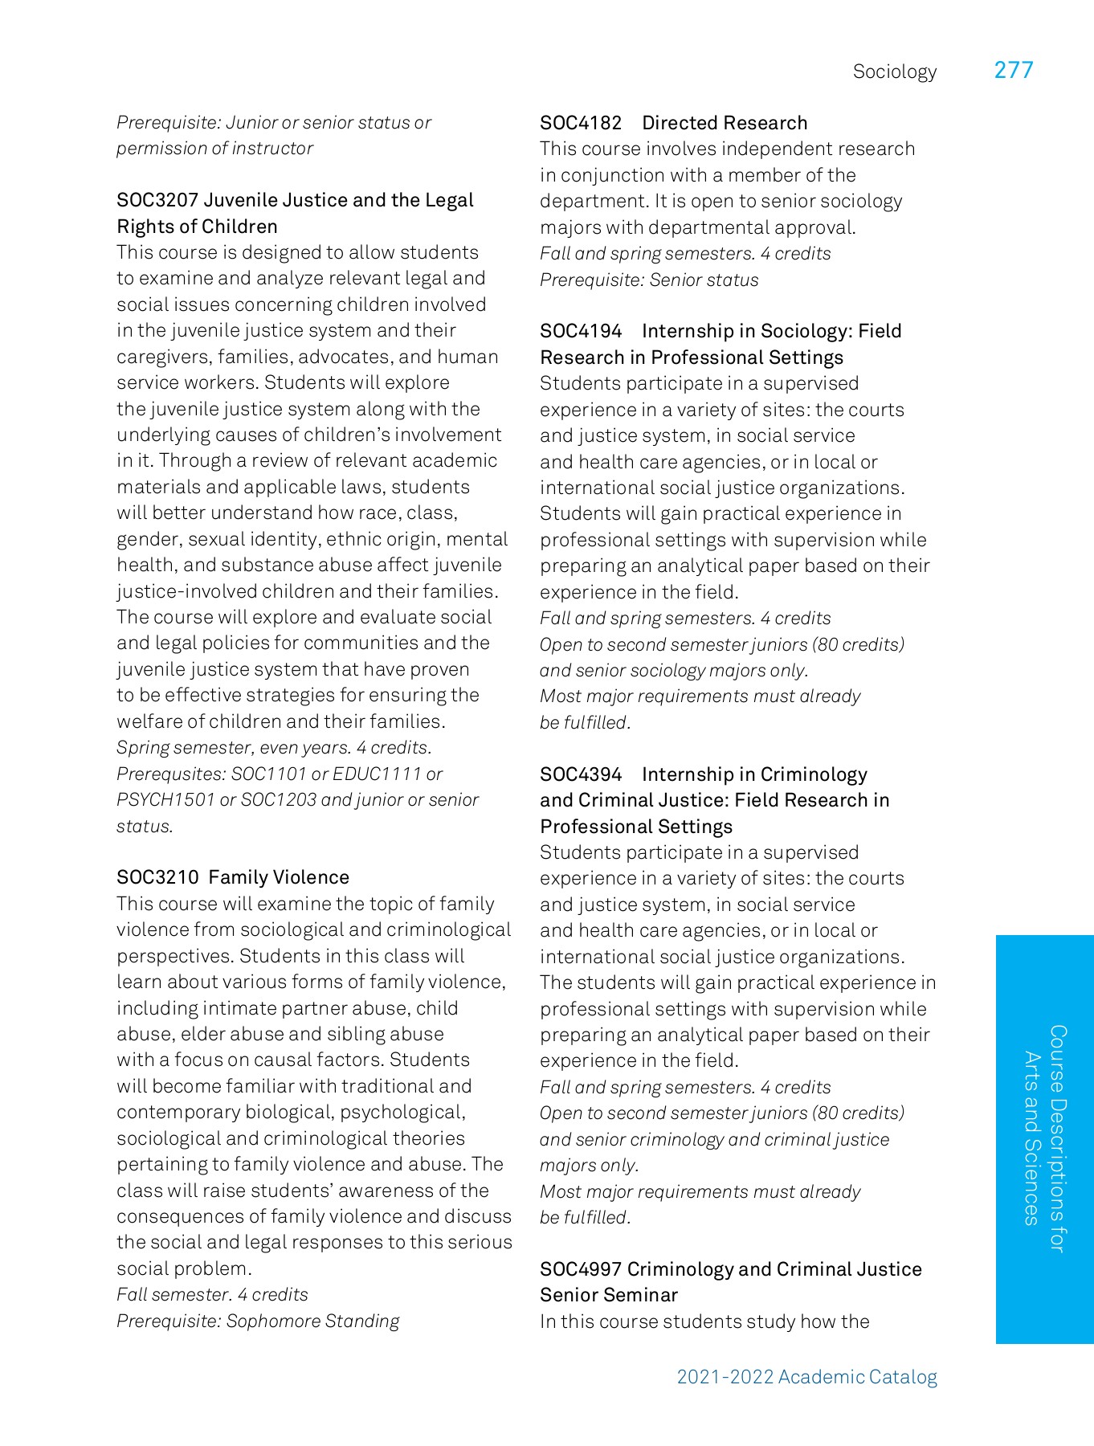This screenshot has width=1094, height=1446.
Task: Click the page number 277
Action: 1013,71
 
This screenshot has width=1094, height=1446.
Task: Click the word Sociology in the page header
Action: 894,72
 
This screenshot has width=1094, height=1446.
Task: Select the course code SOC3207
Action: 157,200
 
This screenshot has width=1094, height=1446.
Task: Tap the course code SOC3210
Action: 157,877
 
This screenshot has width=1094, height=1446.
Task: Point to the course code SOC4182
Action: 581,123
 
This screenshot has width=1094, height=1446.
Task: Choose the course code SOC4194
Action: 581,331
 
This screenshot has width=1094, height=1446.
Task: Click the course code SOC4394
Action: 581,774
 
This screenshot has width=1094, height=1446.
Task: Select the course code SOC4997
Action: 581,1269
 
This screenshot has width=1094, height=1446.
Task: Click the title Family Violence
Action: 279,877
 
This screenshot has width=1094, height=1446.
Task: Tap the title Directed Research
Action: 725,123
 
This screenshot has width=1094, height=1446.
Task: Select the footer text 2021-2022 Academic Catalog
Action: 806,1377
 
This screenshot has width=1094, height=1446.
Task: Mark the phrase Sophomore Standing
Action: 312,1321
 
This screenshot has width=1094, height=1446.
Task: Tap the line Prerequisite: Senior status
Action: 649,280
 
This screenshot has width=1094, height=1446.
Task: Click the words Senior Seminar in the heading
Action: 609,1295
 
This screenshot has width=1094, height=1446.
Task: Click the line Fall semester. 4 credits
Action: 212,1295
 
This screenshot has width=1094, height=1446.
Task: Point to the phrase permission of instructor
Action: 214,149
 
